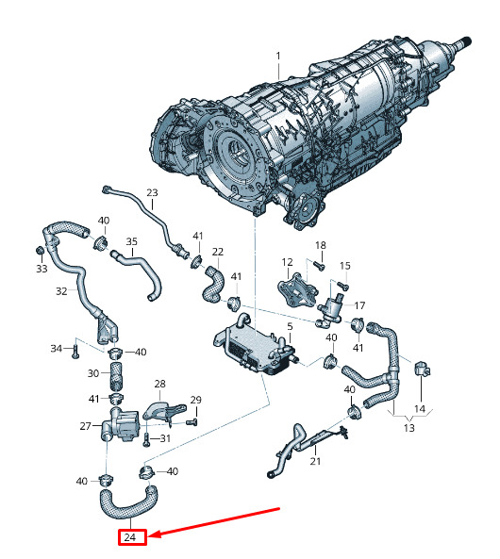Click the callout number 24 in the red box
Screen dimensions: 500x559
(130, 537)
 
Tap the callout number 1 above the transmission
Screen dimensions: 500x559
(278, 57)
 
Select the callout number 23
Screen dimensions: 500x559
(152, 192)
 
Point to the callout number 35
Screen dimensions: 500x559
(132, 241)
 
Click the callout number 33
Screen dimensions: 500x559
(42, 269)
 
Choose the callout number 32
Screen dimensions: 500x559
(61, 291)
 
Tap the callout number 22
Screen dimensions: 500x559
(218, 252)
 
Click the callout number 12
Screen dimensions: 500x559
(287, 262)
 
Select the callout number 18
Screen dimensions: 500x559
(321, 245)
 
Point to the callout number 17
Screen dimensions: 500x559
(359, 305)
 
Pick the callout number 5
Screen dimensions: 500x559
(290, 326)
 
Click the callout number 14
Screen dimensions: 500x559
(420, 409)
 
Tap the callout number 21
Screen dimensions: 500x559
(315, 461)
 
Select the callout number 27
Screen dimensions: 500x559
(85, 426)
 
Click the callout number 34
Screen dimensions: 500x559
(56, 348)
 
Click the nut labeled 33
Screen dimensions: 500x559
(41, 250)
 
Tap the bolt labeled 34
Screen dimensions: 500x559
(75, 353)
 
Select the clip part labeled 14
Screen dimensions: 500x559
(423, 369)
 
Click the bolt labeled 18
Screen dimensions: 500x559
(320, 265)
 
